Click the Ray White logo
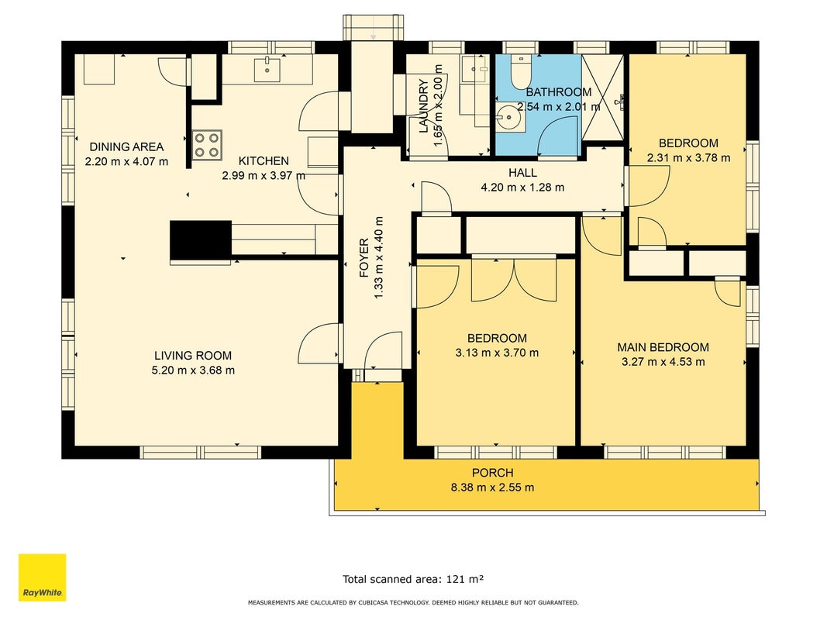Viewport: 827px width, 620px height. (42, 577)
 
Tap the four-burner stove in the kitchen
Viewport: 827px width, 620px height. (206, 145)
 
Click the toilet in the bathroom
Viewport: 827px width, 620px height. (520, 72)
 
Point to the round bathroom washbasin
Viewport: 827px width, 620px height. (510, 117)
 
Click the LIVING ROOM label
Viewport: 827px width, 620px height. (193, 356)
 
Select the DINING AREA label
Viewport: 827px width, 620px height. (126, 146)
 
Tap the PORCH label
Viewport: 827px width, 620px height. (493, 473)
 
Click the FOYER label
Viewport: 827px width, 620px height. (364, 258)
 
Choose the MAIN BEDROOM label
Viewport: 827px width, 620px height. (663, 347)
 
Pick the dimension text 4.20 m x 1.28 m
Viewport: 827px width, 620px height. (522, 187)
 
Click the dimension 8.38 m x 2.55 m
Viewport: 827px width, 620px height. (492, 487)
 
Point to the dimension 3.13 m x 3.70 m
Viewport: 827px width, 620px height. (497, 353)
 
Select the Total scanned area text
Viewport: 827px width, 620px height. (414, 579)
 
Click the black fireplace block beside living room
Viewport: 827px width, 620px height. (201, 240)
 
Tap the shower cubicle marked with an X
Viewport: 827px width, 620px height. (602, 98)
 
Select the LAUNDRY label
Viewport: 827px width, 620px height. (423, 106)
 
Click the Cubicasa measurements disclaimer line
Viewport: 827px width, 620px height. (413, 603)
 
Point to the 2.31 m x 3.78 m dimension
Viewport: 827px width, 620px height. (688, 157)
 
